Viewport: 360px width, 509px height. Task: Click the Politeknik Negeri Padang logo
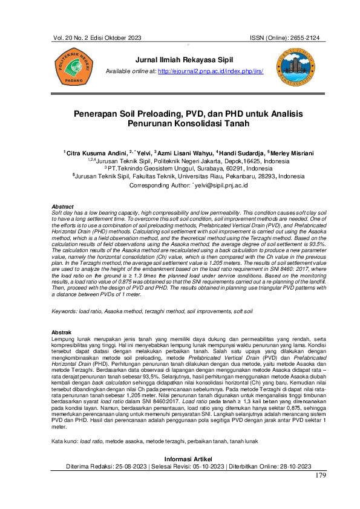[73, 68]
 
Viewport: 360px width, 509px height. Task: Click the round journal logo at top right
[297, 66]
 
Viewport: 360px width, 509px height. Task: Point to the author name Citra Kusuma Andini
[96, 154]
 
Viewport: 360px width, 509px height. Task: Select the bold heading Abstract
[63, 207]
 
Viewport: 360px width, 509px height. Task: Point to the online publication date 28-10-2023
[290, 466]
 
